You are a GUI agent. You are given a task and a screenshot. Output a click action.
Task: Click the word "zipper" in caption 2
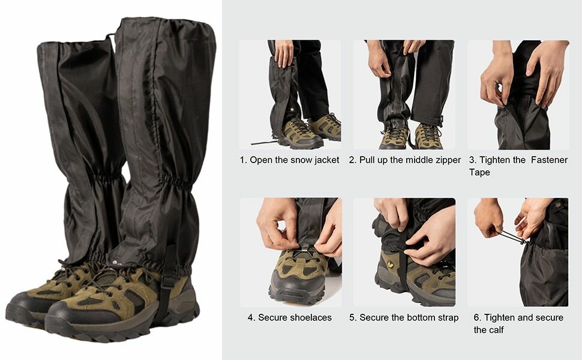tap(447, 160)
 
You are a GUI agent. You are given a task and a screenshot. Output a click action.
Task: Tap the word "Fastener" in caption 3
tap(550, 160)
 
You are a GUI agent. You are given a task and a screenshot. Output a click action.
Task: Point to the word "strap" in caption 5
tap(448, 318)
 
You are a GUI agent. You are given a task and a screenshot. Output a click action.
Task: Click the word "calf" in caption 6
tap(496, 330)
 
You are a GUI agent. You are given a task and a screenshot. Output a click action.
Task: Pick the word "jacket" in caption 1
tap(326, 160)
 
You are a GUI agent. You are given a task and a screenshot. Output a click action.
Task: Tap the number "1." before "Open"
tap(243, 160)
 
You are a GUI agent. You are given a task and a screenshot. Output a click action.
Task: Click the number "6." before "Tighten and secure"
tap(478, 317)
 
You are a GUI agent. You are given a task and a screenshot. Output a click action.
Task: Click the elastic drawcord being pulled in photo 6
tap(514, 238)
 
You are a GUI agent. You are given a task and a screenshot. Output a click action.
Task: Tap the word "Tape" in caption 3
tap(479, 172)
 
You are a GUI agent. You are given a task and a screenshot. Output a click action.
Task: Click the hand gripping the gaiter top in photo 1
tap(284, 53)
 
